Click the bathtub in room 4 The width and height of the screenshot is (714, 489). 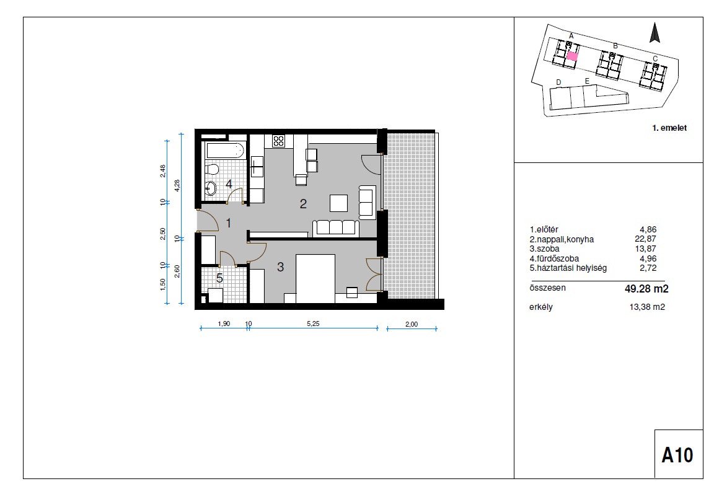(226, 150)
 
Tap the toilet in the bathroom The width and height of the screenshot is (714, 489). (211, 170)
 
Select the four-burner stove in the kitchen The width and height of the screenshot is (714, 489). (278, 141)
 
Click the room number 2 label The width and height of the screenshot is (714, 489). (303, 203)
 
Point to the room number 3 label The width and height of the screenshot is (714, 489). (281, 267)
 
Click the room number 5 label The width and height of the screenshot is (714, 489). (219, 278)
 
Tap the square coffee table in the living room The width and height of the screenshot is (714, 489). (338, 203)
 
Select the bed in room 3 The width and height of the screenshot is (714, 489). (315, 278)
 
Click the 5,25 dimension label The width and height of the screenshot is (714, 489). (313, 324)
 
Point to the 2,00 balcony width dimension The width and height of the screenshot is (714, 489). (411, 324)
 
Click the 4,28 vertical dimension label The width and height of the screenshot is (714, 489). (177, 186)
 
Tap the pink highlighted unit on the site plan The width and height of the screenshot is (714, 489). (573, 56)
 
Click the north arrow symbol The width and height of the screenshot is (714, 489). (654, 33)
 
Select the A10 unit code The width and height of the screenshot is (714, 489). (677, 455)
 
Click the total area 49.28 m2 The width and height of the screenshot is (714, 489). (646, 288)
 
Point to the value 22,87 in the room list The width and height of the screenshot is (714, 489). (646, 239)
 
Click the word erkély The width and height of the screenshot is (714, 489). (541, 307)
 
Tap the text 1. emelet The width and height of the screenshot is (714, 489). (669, 128)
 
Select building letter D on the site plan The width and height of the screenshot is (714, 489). (558, 82)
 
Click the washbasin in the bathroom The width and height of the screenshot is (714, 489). (210, 188)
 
